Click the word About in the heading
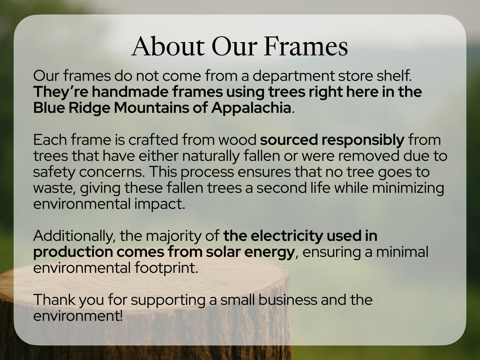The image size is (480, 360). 168,46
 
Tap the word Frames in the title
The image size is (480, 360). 306,46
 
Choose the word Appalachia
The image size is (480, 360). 251,108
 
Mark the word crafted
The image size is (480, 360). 153,140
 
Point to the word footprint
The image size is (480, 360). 166,268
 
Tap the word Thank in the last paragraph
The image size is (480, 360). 54,300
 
